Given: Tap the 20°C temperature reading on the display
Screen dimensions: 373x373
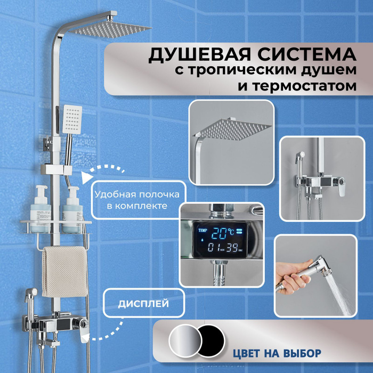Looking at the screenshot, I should (224, 232).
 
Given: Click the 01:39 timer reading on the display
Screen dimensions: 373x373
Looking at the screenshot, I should (224, 248).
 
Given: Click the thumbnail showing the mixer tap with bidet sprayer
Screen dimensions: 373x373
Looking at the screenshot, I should (318, 178).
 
